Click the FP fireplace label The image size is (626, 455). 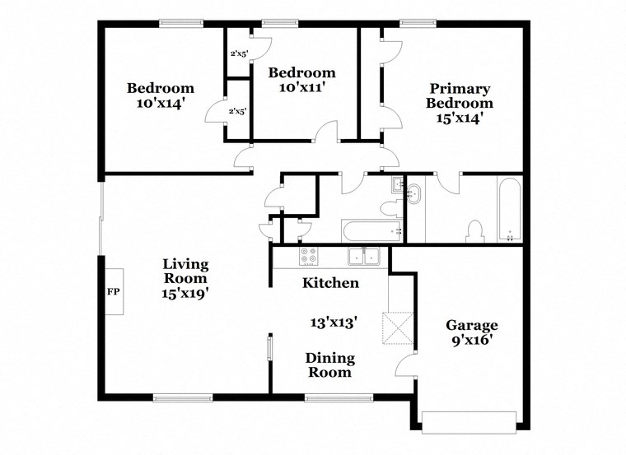tap(114, 292)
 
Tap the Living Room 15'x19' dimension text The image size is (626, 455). tap(185, 294)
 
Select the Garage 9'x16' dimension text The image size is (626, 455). tap(471, 341)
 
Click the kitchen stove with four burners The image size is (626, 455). tap(309, 256)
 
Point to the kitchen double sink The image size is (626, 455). tap(363, 256)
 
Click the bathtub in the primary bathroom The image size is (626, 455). tap(510, 210)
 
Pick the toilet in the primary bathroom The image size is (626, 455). tap(475, 231)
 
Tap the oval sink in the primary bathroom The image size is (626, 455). tap(413, 194)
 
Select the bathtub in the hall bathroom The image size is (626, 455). tap(372, 231)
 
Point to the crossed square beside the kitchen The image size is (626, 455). tap(398, 327)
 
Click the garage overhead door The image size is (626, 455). tap(469, 423)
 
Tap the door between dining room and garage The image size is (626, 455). tap(404, 364)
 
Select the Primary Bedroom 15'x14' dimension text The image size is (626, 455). tap(460, 118)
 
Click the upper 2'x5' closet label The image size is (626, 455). tap(239, 53)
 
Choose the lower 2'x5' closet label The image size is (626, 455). tap(237, 112)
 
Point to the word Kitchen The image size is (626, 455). tap(330, 283)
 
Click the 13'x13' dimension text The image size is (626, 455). tap(334, 322)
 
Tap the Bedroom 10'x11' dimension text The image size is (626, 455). tap(301, 87)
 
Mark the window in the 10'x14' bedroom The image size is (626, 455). tap(181, 24)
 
